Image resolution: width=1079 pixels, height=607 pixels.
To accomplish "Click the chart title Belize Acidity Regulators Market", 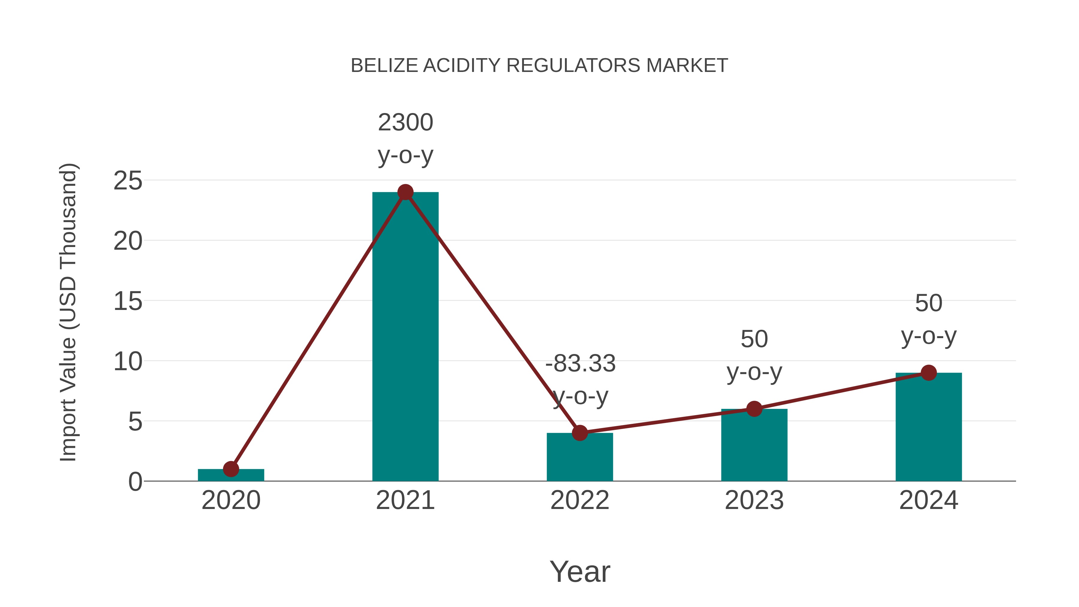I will pos(539,66).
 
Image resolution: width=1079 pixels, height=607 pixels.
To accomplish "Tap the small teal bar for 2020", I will pos(231,475).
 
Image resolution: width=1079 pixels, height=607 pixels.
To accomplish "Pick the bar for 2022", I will pos(580,459).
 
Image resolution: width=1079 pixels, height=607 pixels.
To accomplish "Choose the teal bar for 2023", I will pos(754,446).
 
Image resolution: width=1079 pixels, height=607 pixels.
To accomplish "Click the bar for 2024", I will pos(929,427).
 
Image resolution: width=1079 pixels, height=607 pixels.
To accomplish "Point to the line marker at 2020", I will pos(231,469).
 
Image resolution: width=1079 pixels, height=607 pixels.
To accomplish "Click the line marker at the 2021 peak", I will pos(405,192).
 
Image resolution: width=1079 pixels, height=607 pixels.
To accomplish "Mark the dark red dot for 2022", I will pos(580,433).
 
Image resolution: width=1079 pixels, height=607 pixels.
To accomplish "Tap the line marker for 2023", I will pos(754,409).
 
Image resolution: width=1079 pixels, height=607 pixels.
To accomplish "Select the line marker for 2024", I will pos(929,372).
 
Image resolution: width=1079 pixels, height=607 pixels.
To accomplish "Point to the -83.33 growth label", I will pos(580,364).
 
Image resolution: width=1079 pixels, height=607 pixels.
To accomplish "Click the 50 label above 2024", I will pos(929,303).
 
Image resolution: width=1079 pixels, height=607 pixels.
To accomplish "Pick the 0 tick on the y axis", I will pos(135,482).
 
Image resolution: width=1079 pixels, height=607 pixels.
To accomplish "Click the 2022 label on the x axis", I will pos(580,500).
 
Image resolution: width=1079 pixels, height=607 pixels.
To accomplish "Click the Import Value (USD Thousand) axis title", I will pos(68,312).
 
